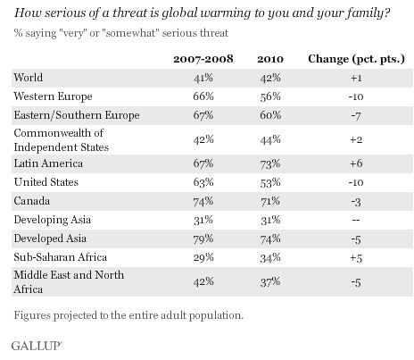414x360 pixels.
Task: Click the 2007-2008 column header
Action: (x=203, y=59)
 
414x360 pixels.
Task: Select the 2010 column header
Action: (x=270, y=59)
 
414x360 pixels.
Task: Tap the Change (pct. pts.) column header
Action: (x=356, y=59)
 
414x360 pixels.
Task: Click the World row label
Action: (x=29, y=78)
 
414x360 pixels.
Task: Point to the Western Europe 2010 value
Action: (x=270, y=96)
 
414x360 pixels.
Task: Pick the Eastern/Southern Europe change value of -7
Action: (x=356, y=115)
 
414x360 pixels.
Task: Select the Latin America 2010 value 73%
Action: (x=270, y=163)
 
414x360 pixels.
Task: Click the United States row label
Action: (x=46, y=182)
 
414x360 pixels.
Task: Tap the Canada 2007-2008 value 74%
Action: (x=203, y=201)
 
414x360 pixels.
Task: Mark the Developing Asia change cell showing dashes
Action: (x=356, y=220)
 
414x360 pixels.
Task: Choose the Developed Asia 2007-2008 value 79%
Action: (x=203, y=239)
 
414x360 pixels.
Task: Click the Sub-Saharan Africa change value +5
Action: (x=356, y=258)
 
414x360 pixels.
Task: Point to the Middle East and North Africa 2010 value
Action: (x=270, y=281)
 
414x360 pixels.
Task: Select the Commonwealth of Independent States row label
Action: (x=62, y=140)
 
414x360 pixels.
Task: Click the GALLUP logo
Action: (x=36, y=346)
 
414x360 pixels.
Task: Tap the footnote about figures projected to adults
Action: (x=128, y=315)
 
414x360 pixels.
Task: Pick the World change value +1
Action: (x=356, y=78)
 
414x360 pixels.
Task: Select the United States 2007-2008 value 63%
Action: (x=203, y=182)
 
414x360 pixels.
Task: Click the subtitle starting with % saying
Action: (x=121, y=33)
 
